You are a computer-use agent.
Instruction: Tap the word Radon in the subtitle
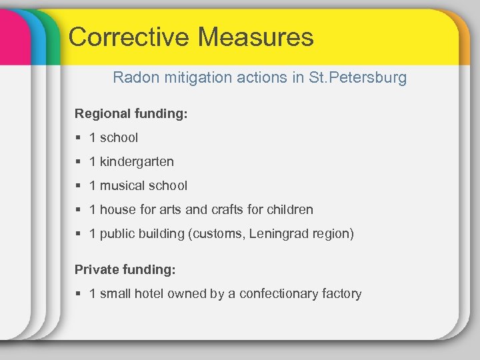coord(133,78)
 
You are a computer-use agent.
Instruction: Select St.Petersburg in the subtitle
coord(357,78)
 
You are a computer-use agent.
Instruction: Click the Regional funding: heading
coord(131,114)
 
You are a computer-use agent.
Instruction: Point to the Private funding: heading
coord(125,269)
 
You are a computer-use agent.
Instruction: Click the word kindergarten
coord(137,162)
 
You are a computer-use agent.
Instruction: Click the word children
coord(290,210)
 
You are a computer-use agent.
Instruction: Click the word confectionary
coord(279,294)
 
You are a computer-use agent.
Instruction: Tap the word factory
coord(341,294)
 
